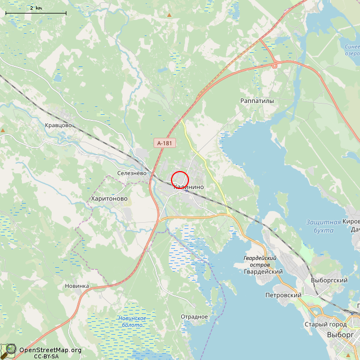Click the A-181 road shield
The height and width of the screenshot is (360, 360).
(164, 143)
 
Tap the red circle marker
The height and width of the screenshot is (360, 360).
(179, 179)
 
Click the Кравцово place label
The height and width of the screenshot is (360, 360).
(58, 125)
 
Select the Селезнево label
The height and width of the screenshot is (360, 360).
(132, 173)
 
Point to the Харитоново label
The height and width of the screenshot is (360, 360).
(109, 199)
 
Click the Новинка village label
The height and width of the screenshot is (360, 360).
(76, 286)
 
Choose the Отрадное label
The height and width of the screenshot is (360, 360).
(194, 317)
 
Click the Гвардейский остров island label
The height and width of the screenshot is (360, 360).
(260, 261)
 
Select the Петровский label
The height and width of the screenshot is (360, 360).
(283, 295)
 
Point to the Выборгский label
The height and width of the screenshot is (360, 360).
(329, 280)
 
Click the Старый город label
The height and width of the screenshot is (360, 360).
(326, 324)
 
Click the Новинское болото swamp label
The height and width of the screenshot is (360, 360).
(131, 322)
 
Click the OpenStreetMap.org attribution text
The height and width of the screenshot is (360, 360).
(50, 350)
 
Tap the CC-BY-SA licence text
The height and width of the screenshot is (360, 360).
(46, 356)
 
